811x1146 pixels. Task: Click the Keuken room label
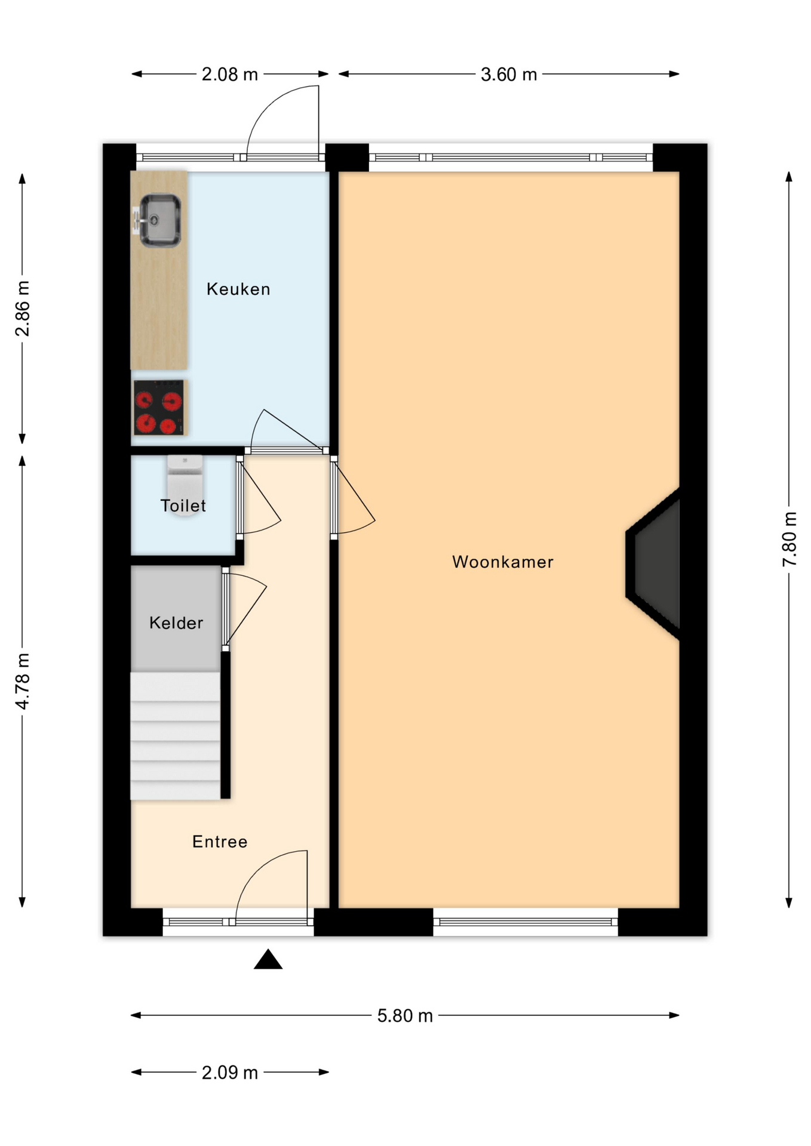tap(238, 289)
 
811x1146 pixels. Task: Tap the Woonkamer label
tap(503, 562)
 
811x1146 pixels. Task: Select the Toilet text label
tap(183, 506)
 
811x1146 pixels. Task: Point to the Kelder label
tap(176, 623)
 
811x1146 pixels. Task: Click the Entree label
tap(220, 842)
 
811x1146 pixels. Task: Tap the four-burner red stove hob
tap(159, 408)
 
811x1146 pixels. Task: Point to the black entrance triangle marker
tap(268, 960)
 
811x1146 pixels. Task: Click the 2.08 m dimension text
tap(230, 75)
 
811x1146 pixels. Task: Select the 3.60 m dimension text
tap(509, 75)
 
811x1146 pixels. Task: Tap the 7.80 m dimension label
tap(790, 540)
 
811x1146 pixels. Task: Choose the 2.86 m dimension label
tap(22, 309)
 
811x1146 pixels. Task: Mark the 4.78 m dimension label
tap(22, 682)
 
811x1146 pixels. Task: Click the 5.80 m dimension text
tap(405, 1016)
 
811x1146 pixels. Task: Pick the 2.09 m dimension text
tap(230, 1073)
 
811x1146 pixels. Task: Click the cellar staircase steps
tap(176, 736)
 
